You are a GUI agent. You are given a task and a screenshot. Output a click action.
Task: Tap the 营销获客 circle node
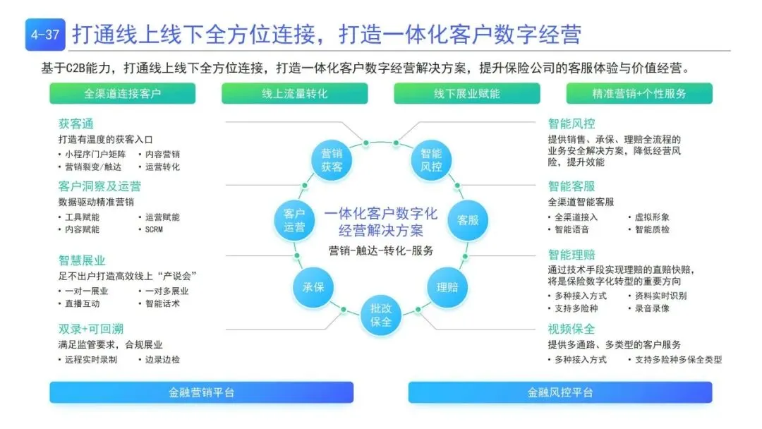click(332, 160)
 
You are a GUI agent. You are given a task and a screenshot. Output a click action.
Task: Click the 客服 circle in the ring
click(468, 219)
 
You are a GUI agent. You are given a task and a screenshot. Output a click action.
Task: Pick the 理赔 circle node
click(447, 286)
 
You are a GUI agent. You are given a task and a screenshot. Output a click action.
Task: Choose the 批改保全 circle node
click(381, 315)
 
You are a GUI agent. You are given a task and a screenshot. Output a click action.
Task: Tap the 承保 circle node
click(313, 286)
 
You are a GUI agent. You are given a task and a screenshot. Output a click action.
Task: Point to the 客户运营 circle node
click(294, 219)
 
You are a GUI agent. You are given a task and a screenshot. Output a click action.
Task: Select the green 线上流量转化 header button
click(295, 93)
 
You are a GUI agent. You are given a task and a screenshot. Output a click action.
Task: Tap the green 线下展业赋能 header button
click(467, 93)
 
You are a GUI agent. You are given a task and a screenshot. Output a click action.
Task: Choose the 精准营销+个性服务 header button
click(639, 93)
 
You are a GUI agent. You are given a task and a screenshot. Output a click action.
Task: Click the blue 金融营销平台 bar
click(201, 392)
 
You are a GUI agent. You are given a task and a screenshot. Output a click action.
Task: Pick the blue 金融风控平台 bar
click(560, 392)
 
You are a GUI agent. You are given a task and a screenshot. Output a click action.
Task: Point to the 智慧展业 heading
click(81, 261)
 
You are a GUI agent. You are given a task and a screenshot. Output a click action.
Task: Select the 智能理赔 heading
click(571, 255)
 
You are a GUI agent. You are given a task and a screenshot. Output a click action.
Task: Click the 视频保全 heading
click(571, 329)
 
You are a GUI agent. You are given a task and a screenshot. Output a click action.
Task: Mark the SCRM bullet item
click(155, 229)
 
